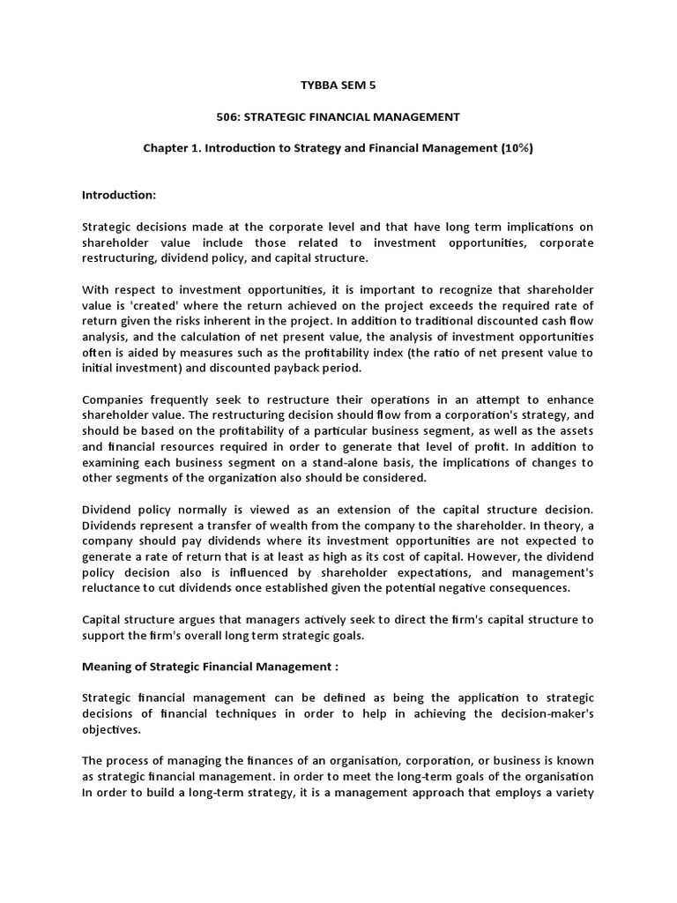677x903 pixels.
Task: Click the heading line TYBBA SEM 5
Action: tap(338, 85)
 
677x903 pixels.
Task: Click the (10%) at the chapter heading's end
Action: tap(517, 148)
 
